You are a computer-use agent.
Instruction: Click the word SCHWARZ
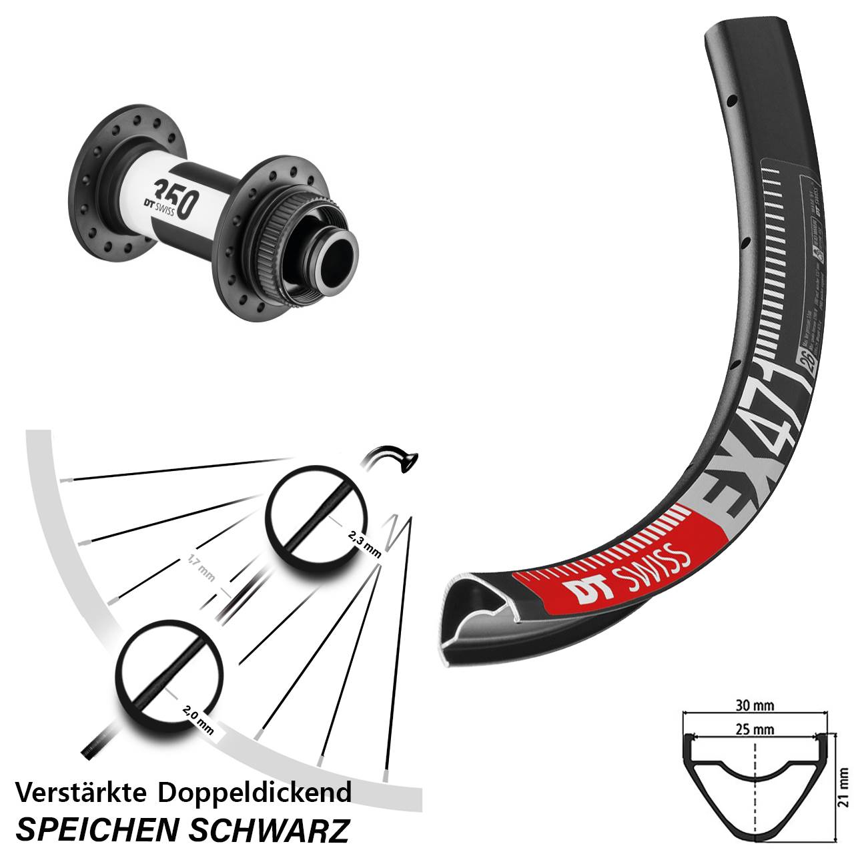point(270,830)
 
